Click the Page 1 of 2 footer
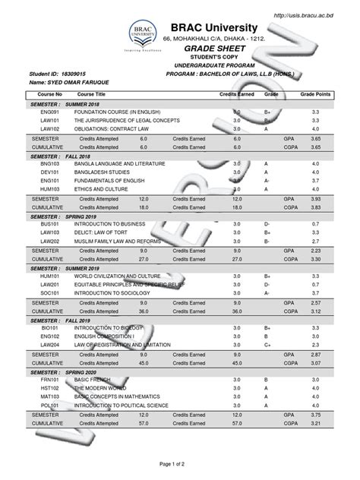pos(179,461)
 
